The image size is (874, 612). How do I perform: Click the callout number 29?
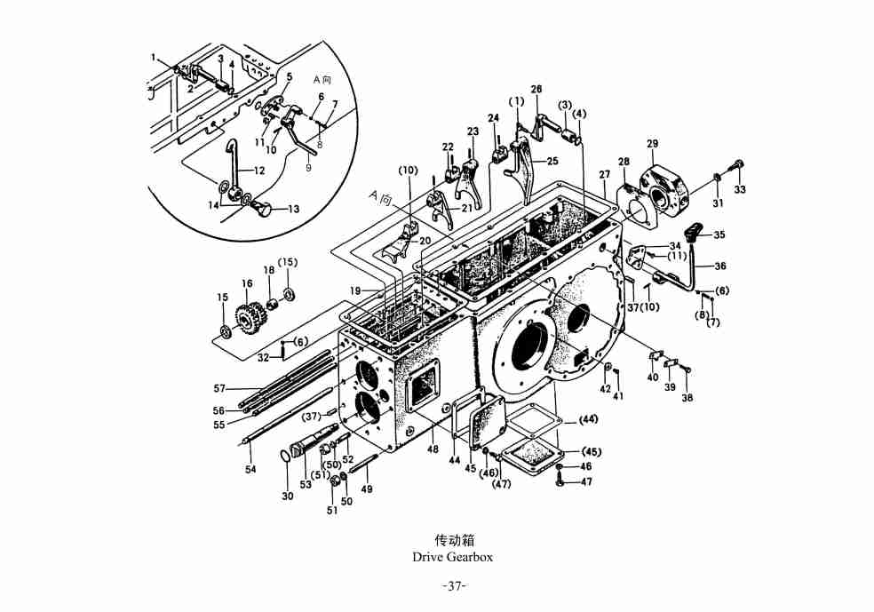coord(653,144)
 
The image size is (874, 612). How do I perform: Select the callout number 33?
coord(740,188)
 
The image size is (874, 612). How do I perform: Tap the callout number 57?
coord(219,388)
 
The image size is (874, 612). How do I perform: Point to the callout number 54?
coord(250,469)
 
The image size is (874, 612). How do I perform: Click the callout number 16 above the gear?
coord(248,284)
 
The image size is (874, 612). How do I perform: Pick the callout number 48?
coord(433,449)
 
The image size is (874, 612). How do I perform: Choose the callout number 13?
coord(294,210)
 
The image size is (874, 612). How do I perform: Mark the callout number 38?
coord(687,398)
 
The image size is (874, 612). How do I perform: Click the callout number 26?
coord(536,89)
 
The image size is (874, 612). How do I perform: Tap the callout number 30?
coord(288,497)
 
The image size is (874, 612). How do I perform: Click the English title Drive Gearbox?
coord(452,557)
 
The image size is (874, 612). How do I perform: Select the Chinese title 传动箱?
coord(452,539)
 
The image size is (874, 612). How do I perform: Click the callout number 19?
coord(354,290)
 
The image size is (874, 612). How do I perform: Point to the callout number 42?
coord(605,389)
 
